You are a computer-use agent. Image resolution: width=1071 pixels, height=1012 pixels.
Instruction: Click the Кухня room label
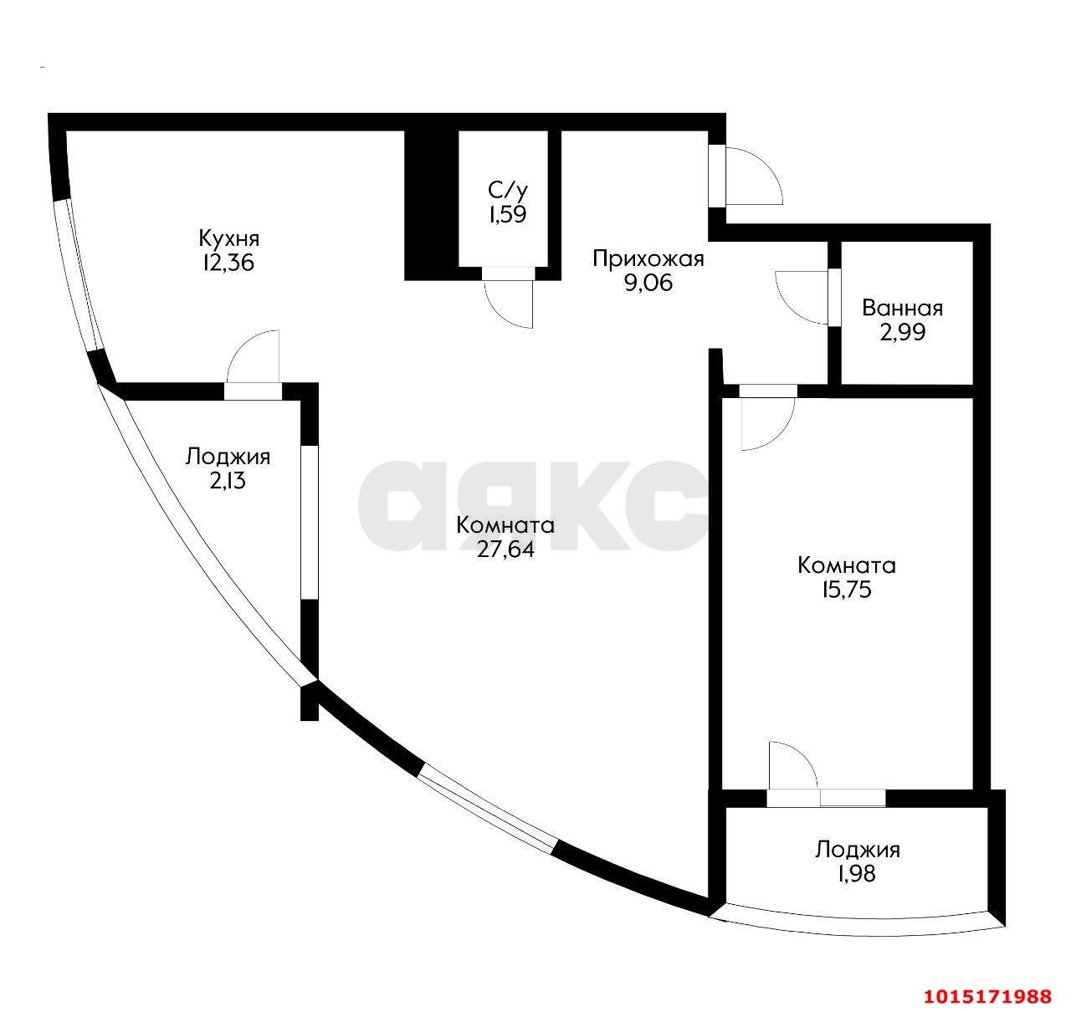pos(226,237)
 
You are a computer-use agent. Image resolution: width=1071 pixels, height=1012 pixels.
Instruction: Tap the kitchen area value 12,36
pos(226,263)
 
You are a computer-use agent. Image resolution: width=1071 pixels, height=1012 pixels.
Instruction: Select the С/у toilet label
pos(507,190)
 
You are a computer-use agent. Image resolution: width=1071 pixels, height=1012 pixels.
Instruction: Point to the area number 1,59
pos(507,214)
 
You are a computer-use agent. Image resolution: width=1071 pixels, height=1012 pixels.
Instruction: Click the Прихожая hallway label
pos(648,258)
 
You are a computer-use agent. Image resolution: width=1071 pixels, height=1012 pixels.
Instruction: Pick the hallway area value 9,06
pos(648,283)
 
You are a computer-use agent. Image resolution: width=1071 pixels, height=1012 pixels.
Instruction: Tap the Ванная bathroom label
pos(902,308)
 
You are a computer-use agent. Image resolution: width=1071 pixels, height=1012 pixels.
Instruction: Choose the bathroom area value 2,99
pos(902,332)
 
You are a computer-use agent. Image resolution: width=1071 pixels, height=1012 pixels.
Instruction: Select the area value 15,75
pos(846,590)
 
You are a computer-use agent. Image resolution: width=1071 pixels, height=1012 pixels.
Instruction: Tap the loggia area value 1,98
pos(857,875)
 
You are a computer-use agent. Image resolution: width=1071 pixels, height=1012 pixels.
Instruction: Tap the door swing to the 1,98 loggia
pos(791,764)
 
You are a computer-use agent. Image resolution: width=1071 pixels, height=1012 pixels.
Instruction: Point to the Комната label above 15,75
pos(846,565)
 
